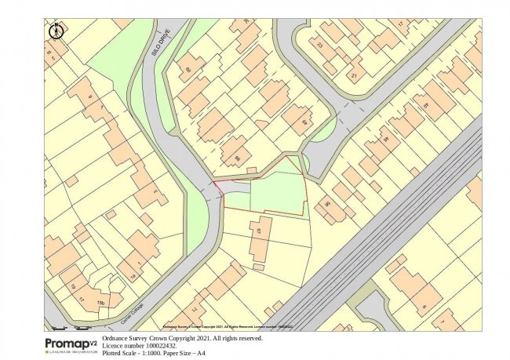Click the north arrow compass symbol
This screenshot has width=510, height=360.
(x=56, y=31)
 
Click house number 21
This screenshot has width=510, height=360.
(x=353, y=76)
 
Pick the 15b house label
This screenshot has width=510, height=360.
(x=100, y=303)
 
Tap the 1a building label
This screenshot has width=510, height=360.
(x=133, y=276)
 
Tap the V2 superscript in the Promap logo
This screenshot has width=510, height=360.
(x=93, y=341)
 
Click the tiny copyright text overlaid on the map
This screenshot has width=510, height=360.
(x=227, y=325)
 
